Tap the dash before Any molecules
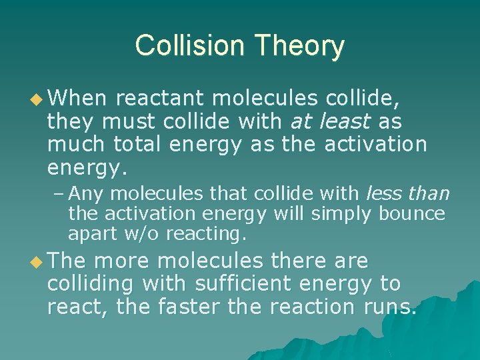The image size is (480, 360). click(59, 194)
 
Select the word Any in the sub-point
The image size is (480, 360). click(83, 194)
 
